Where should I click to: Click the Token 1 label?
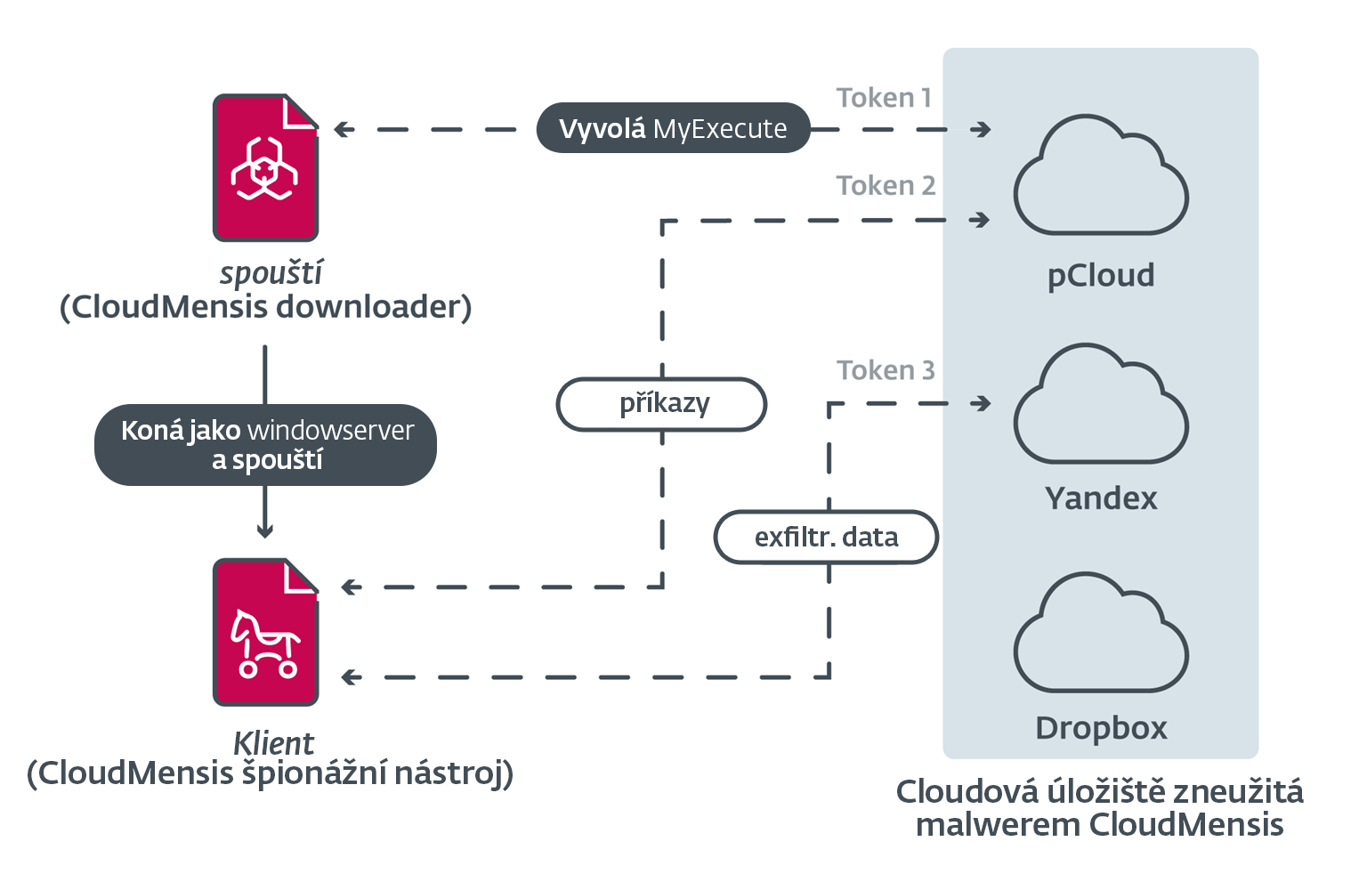884,98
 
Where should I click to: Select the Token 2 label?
886,186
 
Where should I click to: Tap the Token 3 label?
886,370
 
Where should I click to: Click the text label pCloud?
1101,276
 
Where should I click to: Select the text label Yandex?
1101,498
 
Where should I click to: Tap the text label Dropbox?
1101,728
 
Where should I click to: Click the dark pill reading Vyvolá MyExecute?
673,129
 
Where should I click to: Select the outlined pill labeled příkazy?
662,404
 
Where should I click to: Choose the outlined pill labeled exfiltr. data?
826,538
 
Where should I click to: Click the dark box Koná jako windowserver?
266,445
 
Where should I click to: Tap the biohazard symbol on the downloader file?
264,168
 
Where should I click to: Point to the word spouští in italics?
271,273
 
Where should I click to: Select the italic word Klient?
273,743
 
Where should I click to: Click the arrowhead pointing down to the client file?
265,531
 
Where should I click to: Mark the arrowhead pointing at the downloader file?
342,130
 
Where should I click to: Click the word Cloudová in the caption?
967,791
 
